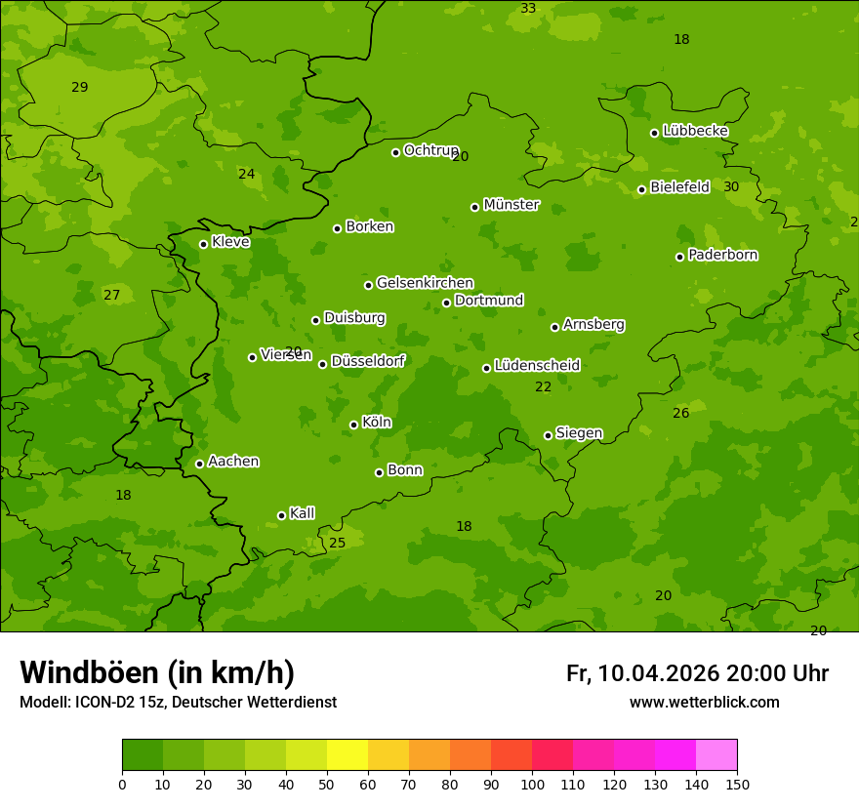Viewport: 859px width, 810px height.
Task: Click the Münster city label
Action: pyautogui.click(x=511, y=205)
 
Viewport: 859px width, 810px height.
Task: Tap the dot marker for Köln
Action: pyautogui.click(x=353, y=425)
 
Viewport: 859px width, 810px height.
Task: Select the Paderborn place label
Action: pyautogui.click(x=722, y=255)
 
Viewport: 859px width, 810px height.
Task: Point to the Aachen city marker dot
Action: pyautogui.click(x=199, y=464)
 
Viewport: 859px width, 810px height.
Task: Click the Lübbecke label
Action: pyautogui.click(x=695, y=131)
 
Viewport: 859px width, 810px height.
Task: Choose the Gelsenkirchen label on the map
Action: pyautogui.click(x=425, y=283)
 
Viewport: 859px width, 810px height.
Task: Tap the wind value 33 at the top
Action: pyautogui.click(x=528, y=9)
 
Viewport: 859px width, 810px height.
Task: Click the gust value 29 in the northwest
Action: pyautogui.click(x=80, y=88)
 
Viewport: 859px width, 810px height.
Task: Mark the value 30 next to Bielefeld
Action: pyautogui.click(x=731, y=187)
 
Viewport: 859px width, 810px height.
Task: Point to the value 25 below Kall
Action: pyautogui.click(x=337, y=544)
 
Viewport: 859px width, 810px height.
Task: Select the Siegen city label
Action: pyautogui.click(x=579, y=433)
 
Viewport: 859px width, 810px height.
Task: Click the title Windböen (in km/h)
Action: pyautogui.click(x=157, y=672)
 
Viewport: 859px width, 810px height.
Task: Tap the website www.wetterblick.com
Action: pyautogui.click(x=704, y=703)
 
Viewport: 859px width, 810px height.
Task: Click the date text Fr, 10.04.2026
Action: pyautogui.click(x=642, y=673)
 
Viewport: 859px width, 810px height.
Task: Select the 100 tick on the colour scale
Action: pyautogui.click(x=532, y=784)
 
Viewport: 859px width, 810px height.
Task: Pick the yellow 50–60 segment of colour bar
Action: pyautogui.click(x=348, y=755)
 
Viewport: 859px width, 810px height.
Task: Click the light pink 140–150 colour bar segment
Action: pyautogui.click(x=716, y=755)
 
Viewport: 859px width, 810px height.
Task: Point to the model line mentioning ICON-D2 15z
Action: pyautogui.click(x=178, y=703)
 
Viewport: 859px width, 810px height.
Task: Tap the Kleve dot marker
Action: pyautogui.click(x=203, y=244)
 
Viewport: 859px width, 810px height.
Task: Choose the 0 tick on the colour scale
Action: pyautogui.click(x=122, y=784)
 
